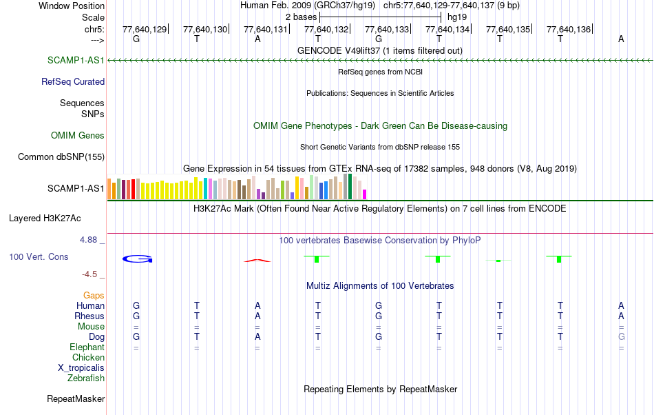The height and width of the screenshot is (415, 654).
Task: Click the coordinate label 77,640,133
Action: [387, 30]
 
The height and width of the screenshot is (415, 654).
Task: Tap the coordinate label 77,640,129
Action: [145, 30]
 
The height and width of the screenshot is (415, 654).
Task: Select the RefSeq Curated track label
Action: [73, 81]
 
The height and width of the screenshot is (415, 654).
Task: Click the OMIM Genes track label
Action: [78, 135]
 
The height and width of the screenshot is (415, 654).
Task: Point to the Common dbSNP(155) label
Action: [61, 156]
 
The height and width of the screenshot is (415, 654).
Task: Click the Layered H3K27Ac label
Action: [45, 219]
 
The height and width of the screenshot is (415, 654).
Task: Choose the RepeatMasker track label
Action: [76, 398]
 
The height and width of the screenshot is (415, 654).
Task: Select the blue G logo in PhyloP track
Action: [137, 259]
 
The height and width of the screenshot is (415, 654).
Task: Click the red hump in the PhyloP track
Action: [257, 260]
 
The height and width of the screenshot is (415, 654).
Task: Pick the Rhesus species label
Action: [89, 316]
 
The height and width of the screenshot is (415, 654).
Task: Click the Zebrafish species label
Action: [86, 378]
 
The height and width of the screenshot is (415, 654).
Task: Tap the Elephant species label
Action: [87, 347]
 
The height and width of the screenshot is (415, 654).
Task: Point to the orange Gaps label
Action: [94, 295]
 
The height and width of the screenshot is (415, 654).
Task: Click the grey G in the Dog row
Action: [621, 336]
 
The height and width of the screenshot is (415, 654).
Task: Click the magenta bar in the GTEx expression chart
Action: [365, 194]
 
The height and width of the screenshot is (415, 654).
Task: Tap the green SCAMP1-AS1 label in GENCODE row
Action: [76, 60]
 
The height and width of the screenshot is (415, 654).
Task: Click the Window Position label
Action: [72, 6]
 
